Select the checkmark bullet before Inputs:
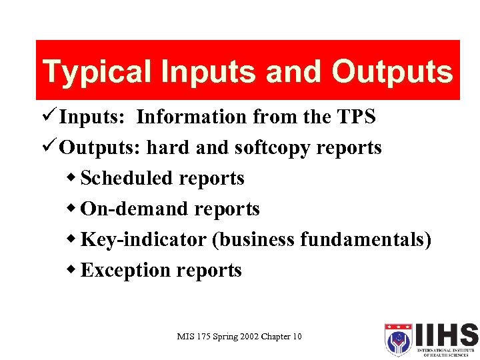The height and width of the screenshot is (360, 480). click(x=50, y=117)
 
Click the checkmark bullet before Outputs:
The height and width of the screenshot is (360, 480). click(x=50, y=147)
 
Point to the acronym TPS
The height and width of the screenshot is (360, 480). click(x=354, y=117)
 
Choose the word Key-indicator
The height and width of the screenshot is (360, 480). click(x=143, y=239)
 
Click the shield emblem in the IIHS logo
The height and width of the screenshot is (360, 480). click(x=399, y=340)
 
